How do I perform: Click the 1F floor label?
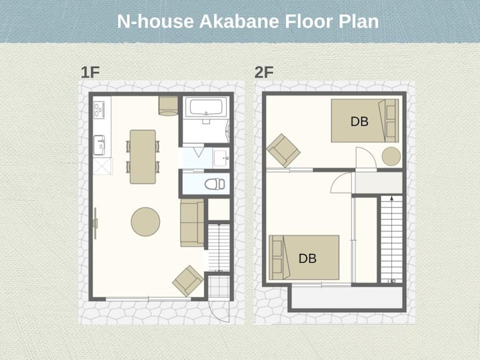click(x=90, y=72)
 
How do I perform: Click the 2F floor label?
click(x=264, y=72)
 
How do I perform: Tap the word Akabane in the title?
click(x=239, y=21)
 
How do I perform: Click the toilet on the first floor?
click(x=215, y=184)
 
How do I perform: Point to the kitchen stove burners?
click(x=99, y=110)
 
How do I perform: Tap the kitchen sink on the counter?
click(x=99, y=145)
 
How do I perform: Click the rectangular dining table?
click(x=143, y=157)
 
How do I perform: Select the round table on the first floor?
click(x=145, y=222)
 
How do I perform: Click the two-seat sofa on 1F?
click(x=192, y=223)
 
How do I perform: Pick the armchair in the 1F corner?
click(x=188, y=281)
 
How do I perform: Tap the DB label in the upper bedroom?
click(x=359, y=121)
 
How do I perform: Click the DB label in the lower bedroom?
click(x=307, y=259)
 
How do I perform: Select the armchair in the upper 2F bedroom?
click(x=283, y=151)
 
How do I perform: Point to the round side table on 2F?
click(x=391, y=157)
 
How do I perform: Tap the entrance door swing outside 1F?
click(x=219, y=311)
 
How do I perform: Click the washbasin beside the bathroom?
click(x=221, y=157)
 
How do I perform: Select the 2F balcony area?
click(x=347, y=297)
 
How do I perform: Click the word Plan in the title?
click(x=359, y=21)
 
